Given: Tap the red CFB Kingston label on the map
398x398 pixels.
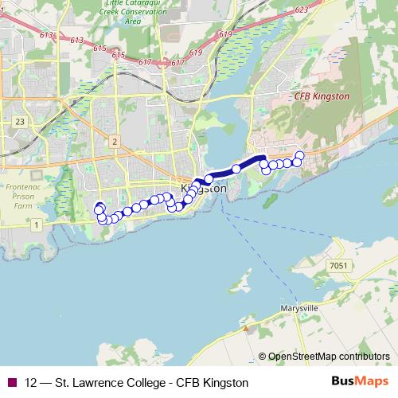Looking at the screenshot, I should click(322, 96).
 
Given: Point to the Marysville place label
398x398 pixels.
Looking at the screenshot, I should click(299, 307).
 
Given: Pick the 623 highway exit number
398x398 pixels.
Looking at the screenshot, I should click(322, 10).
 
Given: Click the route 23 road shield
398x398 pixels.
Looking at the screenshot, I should click(18, 122).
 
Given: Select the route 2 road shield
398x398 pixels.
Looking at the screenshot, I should click(115, 142).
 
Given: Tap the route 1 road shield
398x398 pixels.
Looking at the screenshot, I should click(36, 225).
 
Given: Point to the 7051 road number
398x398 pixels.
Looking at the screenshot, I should click(338, 266).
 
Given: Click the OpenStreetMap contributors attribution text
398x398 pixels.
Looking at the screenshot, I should click(328, 356).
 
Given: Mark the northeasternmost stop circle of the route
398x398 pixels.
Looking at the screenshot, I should click(299, 155).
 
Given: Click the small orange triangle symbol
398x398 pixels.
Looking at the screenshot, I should click(248, 326).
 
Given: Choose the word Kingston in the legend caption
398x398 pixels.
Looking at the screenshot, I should click(226, 382).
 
